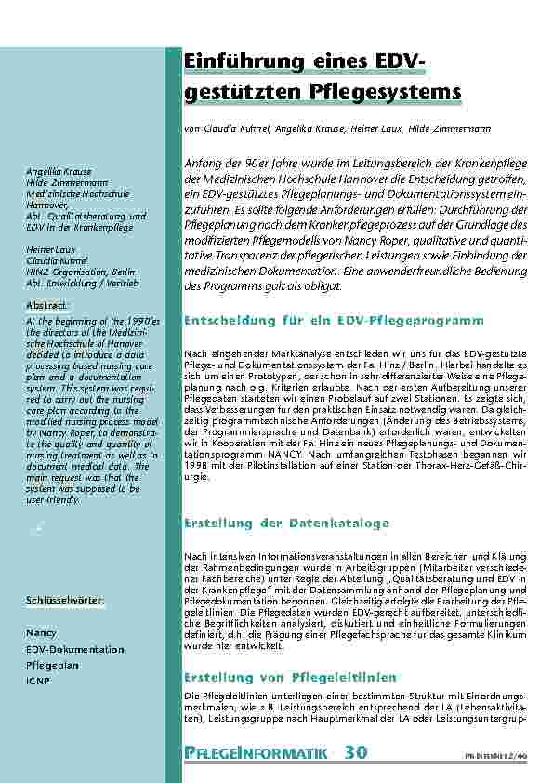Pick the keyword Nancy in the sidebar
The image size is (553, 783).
[x=41, y=632]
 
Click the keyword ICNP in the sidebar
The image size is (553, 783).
[x=37, y=682]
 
